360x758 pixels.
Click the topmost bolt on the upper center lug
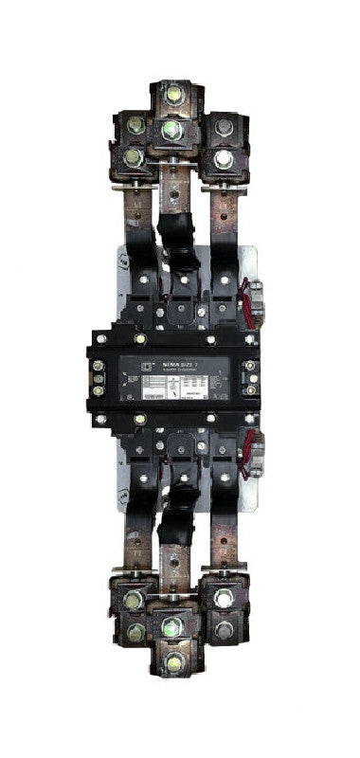click(173, 94)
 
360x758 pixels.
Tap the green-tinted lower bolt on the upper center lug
click(171, 129)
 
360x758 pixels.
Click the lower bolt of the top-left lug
click(135, 157)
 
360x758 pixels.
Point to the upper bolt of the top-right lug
click(224, 127)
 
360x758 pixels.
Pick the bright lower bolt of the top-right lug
click(224, 158)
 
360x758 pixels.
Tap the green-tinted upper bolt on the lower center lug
click(172, 626)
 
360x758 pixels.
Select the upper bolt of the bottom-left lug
click(134, 600)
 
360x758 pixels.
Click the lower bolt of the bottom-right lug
click(224, 630)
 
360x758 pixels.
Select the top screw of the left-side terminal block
click(99, 362)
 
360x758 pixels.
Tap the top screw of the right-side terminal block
click(250, 366)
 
